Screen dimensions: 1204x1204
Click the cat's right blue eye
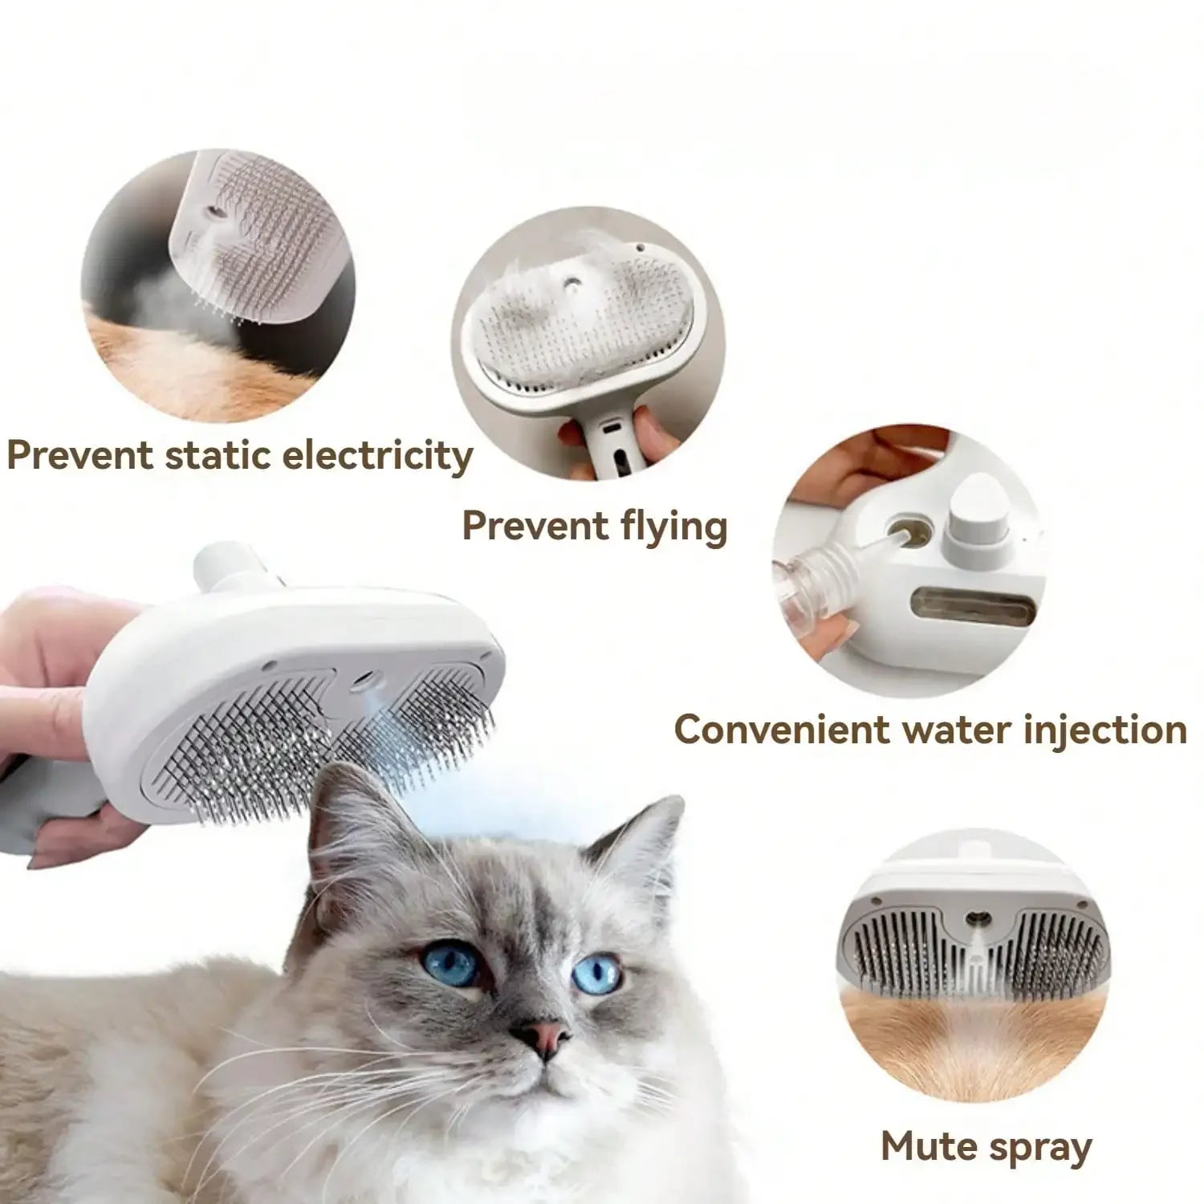(598, 974)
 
